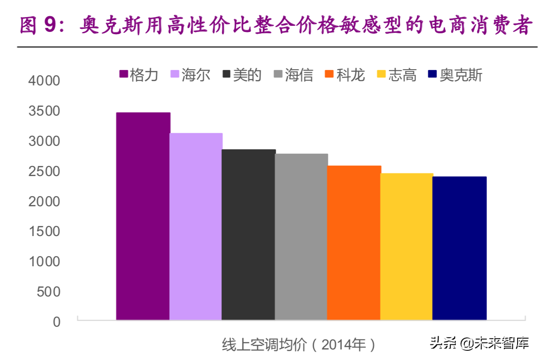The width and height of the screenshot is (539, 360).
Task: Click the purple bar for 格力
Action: click(143, 216)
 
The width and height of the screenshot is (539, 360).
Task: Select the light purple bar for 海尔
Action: click(196, 226)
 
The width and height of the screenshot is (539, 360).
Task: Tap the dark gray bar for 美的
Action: click(248, 235)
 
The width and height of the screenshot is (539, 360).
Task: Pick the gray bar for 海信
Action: click(301, 237)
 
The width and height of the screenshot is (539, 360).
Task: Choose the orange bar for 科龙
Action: click(354, 243)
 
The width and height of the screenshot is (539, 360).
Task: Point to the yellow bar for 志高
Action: click(406, 247)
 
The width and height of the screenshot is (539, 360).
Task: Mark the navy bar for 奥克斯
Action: click(459, 248)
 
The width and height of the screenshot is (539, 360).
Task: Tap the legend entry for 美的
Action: click(242, 75)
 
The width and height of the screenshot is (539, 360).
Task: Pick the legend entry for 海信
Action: click(294, 75)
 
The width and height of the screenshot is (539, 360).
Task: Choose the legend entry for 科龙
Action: click(346, 75)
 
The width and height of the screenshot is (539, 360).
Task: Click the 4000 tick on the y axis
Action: click(44, 81)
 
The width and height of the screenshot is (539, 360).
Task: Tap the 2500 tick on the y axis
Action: click(44, 171)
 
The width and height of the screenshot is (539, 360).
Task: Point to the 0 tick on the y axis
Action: click(57, 322)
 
